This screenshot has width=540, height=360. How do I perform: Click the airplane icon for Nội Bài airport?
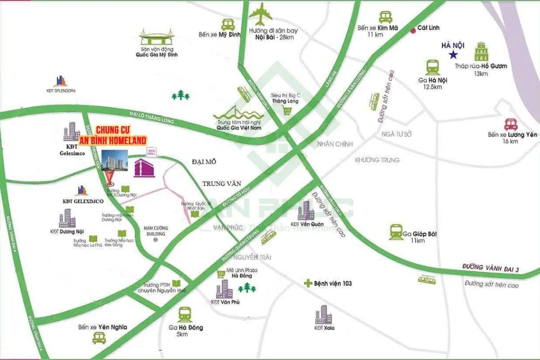[x=261, y=14]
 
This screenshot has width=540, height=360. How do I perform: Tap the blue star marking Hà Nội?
[x=452, y=55]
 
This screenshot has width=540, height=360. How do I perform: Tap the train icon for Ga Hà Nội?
[x=432, y=67]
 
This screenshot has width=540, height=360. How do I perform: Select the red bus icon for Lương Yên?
[x=510, y=124]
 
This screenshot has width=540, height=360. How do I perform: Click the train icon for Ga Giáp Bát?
[x=396, y=231]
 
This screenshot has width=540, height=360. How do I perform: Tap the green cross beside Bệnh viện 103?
[x=307, y=284]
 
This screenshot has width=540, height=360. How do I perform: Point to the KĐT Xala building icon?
[x=323, y=315]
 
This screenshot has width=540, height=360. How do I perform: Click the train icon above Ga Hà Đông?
[x=185, y=315]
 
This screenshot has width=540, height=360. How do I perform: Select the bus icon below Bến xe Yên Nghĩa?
[x=99, y=338]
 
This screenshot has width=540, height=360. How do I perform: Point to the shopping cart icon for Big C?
[x=287, y=110]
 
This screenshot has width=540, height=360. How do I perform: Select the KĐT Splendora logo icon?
[x=61, y=81]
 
